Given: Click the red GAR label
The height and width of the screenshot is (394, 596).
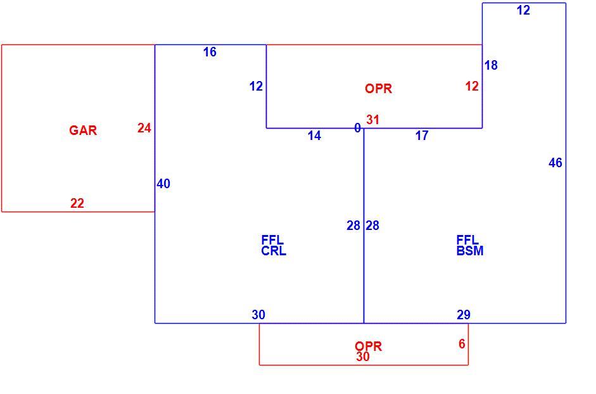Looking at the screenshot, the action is pos(83,130).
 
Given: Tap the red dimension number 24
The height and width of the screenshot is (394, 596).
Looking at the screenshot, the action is pos(144,128).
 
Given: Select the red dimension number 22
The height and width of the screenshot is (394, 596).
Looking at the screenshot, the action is pos(77,203).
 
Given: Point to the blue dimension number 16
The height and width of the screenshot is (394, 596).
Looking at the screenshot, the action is pos(210,52).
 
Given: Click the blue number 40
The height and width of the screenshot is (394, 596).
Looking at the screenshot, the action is pos(163,184).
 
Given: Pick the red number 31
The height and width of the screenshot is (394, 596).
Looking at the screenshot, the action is pos(373,120).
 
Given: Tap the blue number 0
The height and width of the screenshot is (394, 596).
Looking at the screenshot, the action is pos(357,128).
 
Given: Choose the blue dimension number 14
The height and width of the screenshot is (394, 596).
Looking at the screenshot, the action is pos(314,136).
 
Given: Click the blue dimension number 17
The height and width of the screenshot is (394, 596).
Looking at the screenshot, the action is pos(422,136).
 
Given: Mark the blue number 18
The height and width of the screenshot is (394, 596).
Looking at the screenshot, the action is pos(491,65).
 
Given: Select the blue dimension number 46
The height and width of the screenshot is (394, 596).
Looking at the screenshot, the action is pos(555,163).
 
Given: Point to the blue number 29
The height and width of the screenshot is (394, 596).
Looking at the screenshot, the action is pos(464,315).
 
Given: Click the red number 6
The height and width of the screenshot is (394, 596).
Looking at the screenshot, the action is pos(462,344).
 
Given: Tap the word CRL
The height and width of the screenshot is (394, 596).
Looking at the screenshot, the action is pos(274,251).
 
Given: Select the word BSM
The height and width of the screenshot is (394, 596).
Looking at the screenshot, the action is pos(470,251).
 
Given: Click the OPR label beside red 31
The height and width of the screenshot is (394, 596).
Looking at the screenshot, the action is pos(379,89).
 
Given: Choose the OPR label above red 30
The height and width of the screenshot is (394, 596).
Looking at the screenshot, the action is pos(369,346).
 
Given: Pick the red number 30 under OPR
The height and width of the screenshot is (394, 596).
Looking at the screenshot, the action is pos(363,357).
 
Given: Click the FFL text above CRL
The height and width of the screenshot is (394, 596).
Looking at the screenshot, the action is pos(272,240).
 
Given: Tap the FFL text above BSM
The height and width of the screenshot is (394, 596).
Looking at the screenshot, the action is pos(467,240).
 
